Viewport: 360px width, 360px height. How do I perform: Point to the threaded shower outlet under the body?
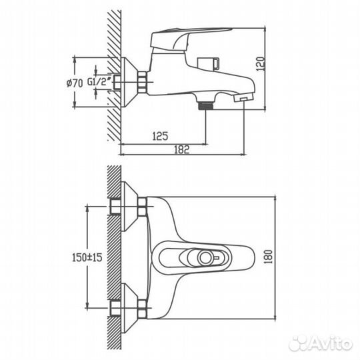pyautogui.click(x=205, y=104)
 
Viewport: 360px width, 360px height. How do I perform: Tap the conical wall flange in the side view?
pyautogui.click(x=129, y=83)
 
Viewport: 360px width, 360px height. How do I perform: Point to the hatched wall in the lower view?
pyautogui.click(x=114, y=257)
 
